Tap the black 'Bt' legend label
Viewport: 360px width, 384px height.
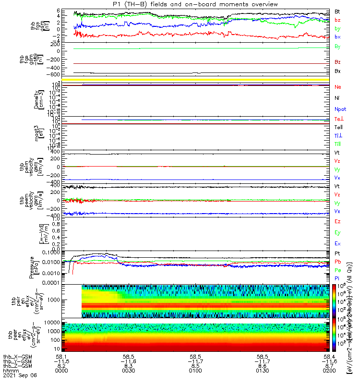337,11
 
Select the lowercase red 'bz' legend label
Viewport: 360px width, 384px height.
337,20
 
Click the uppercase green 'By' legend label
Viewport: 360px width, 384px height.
337,47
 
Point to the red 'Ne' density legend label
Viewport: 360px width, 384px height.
337,87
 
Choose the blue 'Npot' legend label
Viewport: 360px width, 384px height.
339,109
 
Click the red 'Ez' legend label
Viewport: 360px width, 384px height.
337,221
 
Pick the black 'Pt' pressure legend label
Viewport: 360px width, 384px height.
337,253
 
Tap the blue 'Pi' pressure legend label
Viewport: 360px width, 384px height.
337,278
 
